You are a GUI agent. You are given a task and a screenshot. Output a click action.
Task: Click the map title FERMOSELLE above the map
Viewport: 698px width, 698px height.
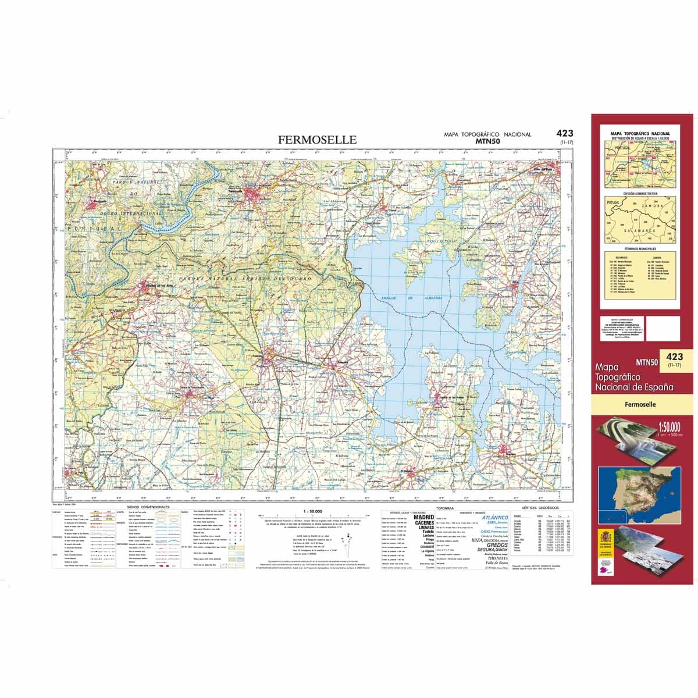[x=317, y=140]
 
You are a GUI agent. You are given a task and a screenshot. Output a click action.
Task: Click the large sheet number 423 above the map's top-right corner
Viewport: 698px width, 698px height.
[x=564, y=133]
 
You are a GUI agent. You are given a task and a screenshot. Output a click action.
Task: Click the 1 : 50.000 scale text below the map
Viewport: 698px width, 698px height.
[x=313, y=511]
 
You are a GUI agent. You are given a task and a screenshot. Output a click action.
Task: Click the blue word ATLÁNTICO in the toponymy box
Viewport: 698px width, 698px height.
[x=494, y=517]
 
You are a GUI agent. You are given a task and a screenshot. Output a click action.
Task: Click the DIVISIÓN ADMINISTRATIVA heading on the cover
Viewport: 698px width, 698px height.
[x=640, y=193]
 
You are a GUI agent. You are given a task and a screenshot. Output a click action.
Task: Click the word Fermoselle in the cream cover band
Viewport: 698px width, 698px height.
[x=642, y=404]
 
